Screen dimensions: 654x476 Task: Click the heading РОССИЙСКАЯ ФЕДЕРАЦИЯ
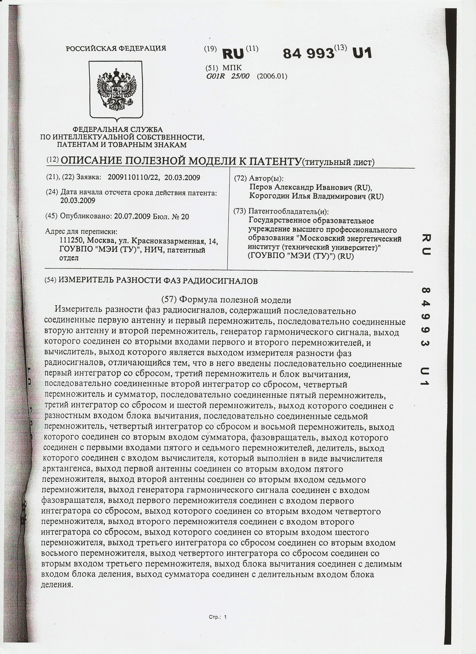(x=116, y=48)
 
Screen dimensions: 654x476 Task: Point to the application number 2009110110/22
(x=133, y=177)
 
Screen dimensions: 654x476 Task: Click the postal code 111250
(x=72, y=240)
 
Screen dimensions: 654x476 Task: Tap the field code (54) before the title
(x=51, y=281)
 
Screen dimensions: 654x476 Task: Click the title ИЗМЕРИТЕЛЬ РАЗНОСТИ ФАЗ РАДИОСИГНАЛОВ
(x=158, y=281)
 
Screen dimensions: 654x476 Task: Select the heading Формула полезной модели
(x=235, y=300)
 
